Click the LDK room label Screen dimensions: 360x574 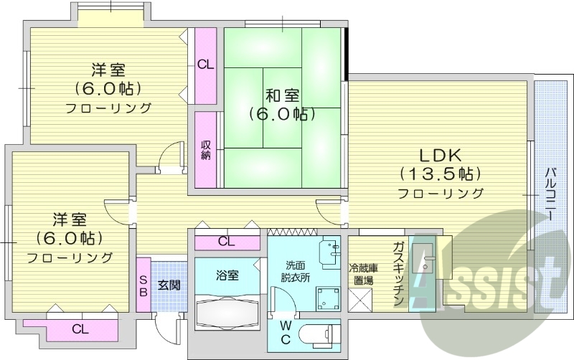point(438,154)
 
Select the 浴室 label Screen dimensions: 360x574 point(227,275)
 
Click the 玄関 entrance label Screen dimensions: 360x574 point(169,285)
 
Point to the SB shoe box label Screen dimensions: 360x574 point(143,285)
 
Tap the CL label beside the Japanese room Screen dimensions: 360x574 point(205,64)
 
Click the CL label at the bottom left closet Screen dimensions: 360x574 point(80,329)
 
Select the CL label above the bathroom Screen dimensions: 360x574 point(226,242)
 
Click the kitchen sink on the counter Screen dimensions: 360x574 point(426,262)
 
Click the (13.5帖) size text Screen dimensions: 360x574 point(439,174)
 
